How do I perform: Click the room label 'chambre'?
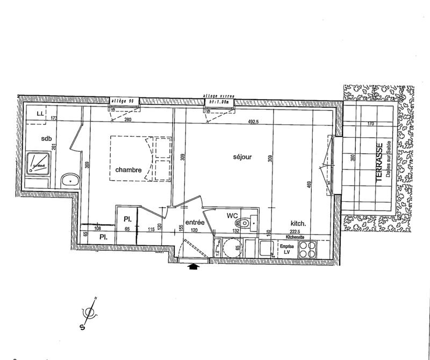128,170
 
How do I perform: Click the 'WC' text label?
232,216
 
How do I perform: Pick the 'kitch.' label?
298,223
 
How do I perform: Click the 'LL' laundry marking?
40,114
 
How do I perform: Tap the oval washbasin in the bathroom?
69,180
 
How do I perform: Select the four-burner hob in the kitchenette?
307,249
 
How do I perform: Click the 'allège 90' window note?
124,101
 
